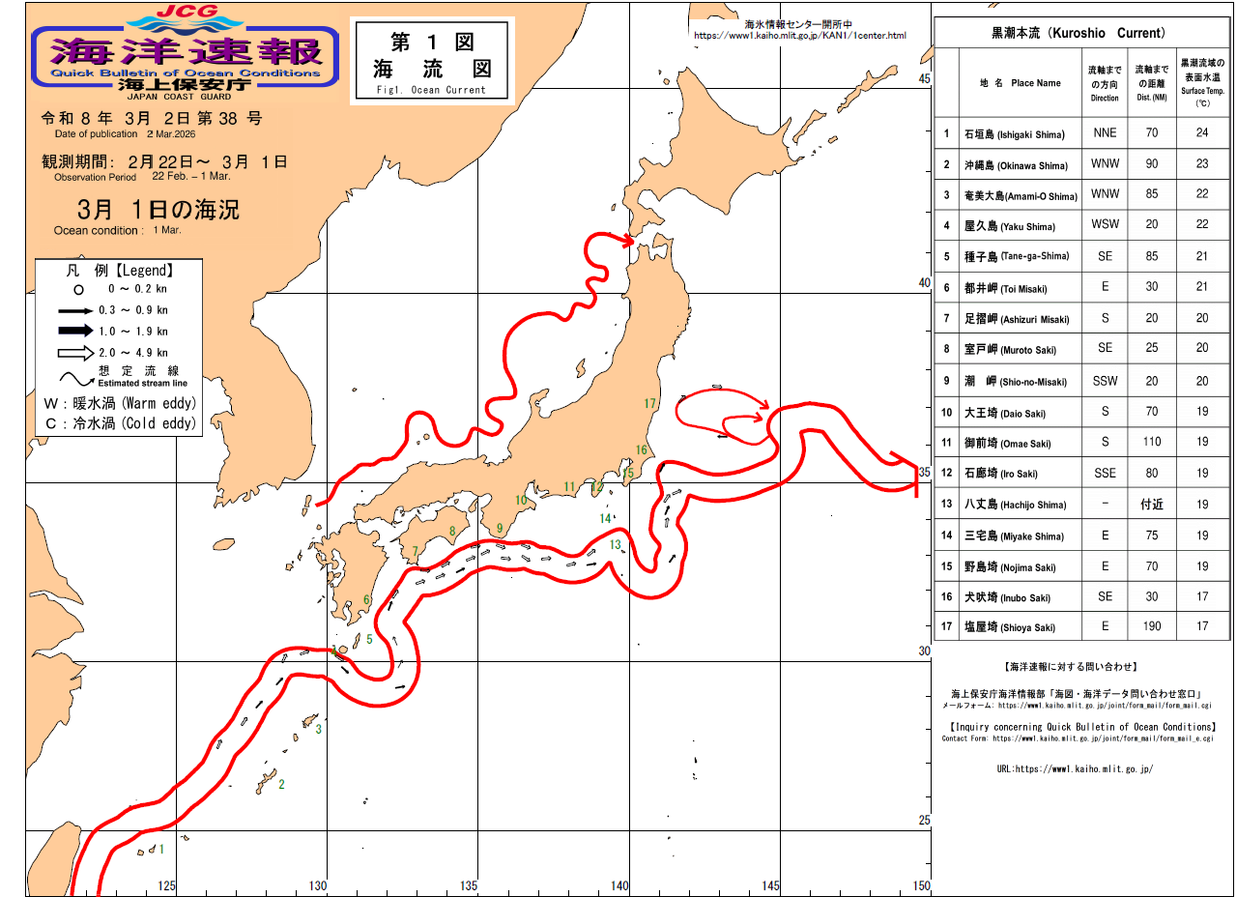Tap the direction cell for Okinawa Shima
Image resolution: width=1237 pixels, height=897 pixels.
[x=1105, y=164]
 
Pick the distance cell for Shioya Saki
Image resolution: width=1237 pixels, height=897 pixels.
[x=1151, y=626]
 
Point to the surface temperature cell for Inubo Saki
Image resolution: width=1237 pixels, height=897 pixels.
[x=1202, y=596]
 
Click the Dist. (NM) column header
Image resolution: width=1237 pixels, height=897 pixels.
[x=1151, y=83]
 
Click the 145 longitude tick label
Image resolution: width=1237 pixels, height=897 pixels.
[x=770, y=885]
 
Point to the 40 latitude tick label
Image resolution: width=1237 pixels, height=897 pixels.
[x=924, y=283]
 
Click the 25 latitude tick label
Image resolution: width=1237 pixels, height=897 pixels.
[x=924, y=821]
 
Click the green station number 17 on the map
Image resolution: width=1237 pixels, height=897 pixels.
[x=649, y=404]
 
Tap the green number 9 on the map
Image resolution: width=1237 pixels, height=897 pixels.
[x=500, y=529]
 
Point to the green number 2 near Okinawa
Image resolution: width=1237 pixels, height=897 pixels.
[x=281, y=784]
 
